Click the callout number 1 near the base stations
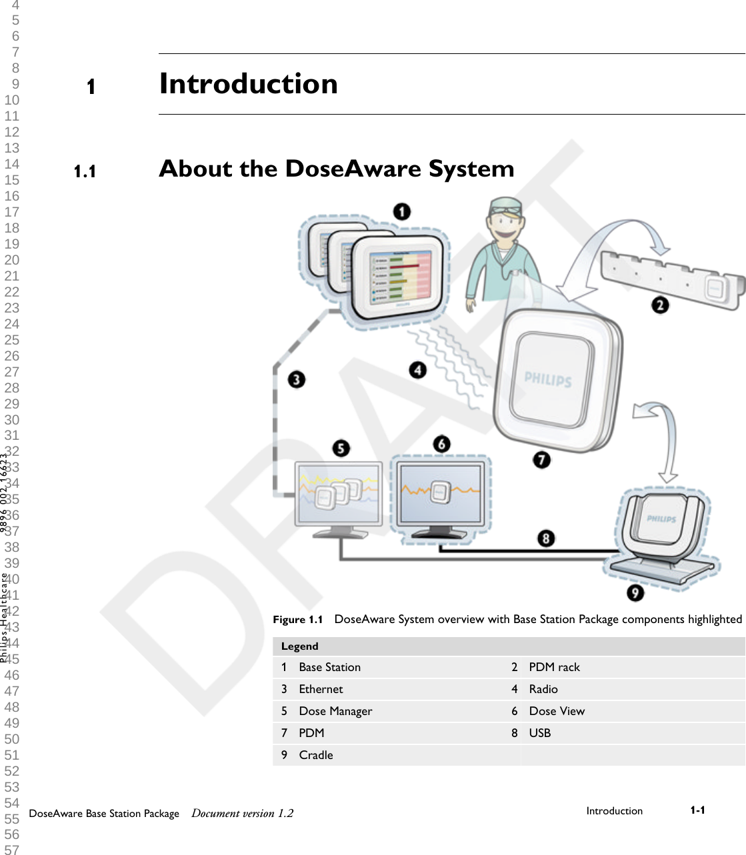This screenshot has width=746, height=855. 401,212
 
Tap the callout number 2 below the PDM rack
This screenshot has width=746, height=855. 660,305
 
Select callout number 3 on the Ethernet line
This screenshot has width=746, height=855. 297,380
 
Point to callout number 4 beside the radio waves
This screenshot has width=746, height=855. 418,370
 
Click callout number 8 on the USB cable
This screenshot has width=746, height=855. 546,538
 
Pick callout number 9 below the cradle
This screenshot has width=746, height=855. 635,592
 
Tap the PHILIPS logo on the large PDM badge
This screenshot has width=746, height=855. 548,380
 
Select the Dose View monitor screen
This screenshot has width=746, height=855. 440,494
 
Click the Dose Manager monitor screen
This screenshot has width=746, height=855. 339,494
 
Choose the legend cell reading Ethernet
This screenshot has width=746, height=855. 321,689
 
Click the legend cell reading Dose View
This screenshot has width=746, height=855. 557,711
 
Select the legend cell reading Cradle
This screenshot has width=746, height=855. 316,755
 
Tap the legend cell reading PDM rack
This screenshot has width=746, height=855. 554,667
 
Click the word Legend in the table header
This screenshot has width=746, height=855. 300,646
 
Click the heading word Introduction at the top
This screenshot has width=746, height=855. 249,84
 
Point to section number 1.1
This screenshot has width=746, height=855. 85,172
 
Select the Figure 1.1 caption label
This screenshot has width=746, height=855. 298,620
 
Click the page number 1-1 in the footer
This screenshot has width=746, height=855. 697,810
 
